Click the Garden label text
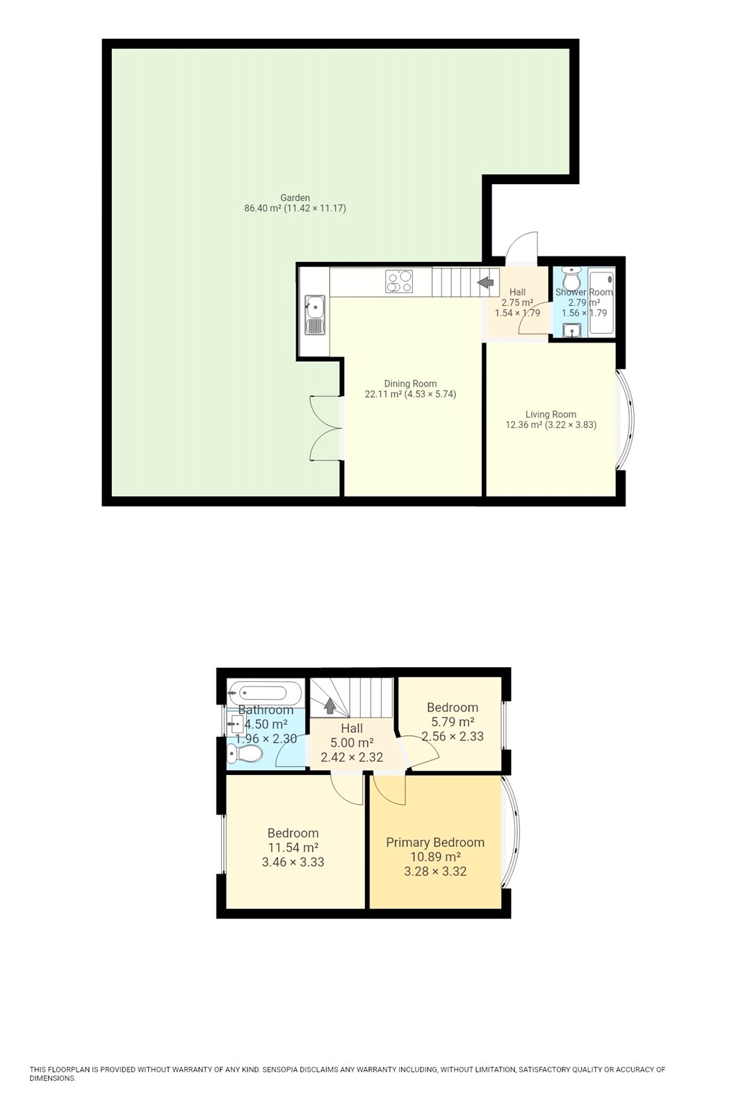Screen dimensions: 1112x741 point(295,198)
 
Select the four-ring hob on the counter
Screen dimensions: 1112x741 point(400,281)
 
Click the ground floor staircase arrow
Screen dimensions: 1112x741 point(485,282)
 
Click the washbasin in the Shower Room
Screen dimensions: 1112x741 point(571,331)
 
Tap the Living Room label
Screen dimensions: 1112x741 point(551,414)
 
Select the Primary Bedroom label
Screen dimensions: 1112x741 point(435,842)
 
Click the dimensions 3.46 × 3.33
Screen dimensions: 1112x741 point(293,862)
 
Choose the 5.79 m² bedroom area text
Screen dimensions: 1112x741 point(453,722)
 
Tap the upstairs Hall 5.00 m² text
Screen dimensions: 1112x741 point(352,743)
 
